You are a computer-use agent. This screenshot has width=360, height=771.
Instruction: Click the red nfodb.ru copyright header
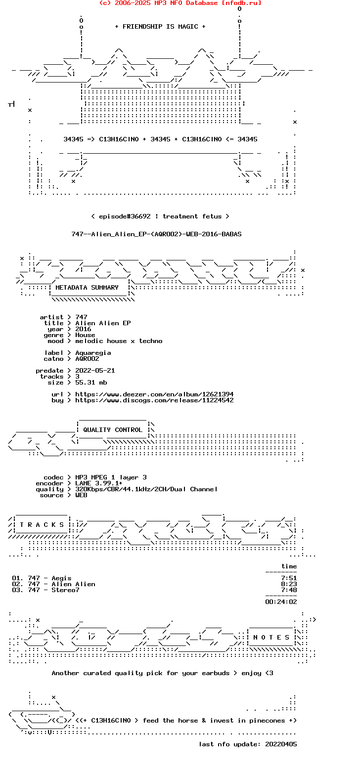pos(180,3)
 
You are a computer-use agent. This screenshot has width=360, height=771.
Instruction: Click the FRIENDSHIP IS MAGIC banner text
pos(160,27)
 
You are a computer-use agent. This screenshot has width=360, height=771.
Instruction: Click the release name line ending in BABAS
pos(156,234)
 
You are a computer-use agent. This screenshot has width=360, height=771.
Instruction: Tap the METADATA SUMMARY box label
pos(87,288)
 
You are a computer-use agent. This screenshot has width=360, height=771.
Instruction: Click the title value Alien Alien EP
pos(103,323)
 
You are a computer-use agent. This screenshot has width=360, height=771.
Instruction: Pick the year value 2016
pos(83,329)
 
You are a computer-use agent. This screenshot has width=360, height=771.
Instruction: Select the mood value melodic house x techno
pos(119,341)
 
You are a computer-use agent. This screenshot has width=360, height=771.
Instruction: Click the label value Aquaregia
pos(93,353)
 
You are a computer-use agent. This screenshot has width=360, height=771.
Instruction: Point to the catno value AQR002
pos(87,359)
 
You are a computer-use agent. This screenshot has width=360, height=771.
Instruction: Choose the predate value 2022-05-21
pos(95,371)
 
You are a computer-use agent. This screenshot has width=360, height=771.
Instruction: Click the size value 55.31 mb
pos(91,383)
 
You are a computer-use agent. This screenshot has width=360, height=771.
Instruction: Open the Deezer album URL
pos(154,394)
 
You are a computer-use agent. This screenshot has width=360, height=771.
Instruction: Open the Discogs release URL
pos(154,400)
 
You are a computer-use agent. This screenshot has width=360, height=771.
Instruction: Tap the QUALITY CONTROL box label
pos(113,430)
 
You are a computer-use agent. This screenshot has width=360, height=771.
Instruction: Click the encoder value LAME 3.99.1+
pos(99,483)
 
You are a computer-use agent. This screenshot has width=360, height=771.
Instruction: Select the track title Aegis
pos(61,578)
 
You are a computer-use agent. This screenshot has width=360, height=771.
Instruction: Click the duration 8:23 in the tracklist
pos(289,584)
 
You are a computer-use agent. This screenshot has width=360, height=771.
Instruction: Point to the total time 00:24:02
pos(281,602)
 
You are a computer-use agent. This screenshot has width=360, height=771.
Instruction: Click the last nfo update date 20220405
pos(281,744)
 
